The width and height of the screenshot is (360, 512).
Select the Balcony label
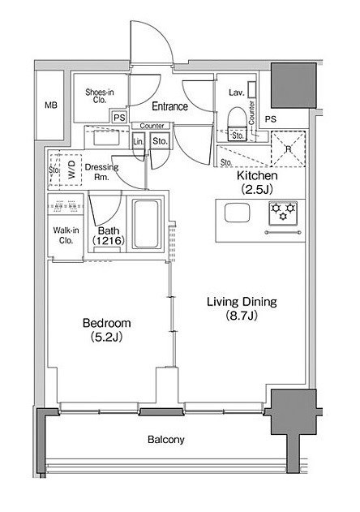coord(165,439)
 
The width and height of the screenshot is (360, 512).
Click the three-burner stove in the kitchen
coord(283,213)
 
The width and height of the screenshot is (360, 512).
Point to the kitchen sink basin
coord(238,212)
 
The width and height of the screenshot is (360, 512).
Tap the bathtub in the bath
coord(146,224)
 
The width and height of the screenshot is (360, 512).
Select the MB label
coord(51,105)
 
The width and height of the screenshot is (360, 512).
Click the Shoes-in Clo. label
coord(100,96)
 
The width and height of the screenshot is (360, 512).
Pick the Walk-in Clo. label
coord(66,235)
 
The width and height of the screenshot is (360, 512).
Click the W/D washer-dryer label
coord(71,169)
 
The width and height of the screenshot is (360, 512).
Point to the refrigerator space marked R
coord(288,148)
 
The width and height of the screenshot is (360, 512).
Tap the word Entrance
coord(170,106)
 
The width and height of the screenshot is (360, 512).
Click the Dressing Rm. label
coord(101,172)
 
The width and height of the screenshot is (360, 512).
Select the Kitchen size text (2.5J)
coord(257,189)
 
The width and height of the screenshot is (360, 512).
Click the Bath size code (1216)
coord(109,241)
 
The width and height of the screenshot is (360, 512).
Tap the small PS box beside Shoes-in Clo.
coord(119,118)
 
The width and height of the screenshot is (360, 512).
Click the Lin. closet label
coord(139,142)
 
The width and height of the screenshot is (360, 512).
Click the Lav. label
coord(236,93)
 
